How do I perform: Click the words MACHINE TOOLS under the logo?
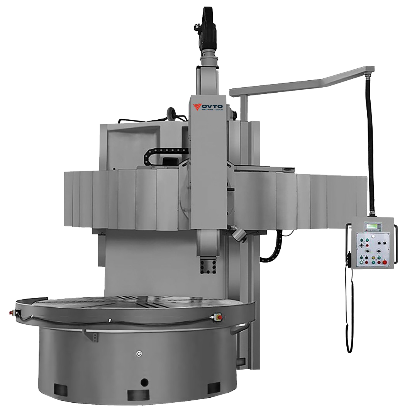pyautogui.click(x=212, y=109)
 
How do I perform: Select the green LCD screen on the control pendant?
pyautogui.click(x=373, y=226)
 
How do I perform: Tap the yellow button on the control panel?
pyautogui.click(x=373, y=258)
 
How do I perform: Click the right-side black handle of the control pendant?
pyautogui.click(x=396, y=243)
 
